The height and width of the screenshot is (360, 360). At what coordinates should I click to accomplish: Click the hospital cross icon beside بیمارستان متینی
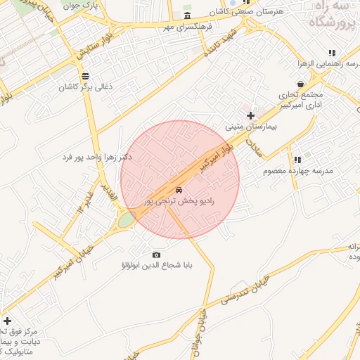click(x=250, y=115)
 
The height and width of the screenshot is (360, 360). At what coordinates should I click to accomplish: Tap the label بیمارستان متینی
click(x=251, y=128)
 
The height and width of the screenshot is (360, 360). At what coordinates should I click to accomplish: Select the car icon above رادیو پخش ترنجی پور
click(x=179, y=190)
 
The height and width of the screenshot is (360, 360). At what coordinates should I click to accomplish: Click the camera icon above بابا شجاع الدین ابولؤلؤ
click(x=156, y=255)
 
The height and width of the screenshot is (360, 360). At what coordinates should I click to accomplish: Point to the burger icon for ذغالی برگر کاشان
click(x=86, y=75)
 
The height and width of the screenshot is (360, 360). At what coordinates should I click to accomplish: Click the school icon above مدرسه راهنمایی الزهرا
click(x=331, y=52)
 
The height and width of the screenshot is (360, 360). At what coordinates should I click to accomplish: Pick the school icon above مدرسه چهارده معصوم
click(x=297, y=160)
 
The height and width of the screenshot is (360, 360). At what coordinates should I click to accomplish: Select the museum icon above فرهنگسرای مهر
click(x=187, y=16)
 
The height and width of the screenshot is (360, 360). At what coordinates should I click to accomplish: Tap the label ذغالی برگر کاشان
click(x=67, y=87)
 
